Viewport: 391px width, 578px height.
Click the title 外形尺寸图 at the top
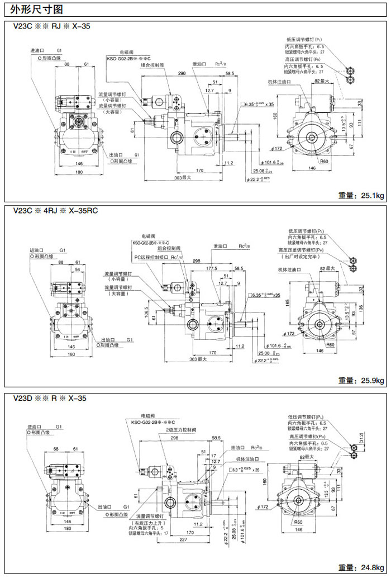[x=32, y=9]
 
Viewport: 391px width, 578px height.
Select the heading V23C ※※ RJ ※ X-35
[x=51, y=26]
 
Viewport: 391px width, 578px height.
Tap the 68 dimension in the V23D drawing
[x=56, y=449]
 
